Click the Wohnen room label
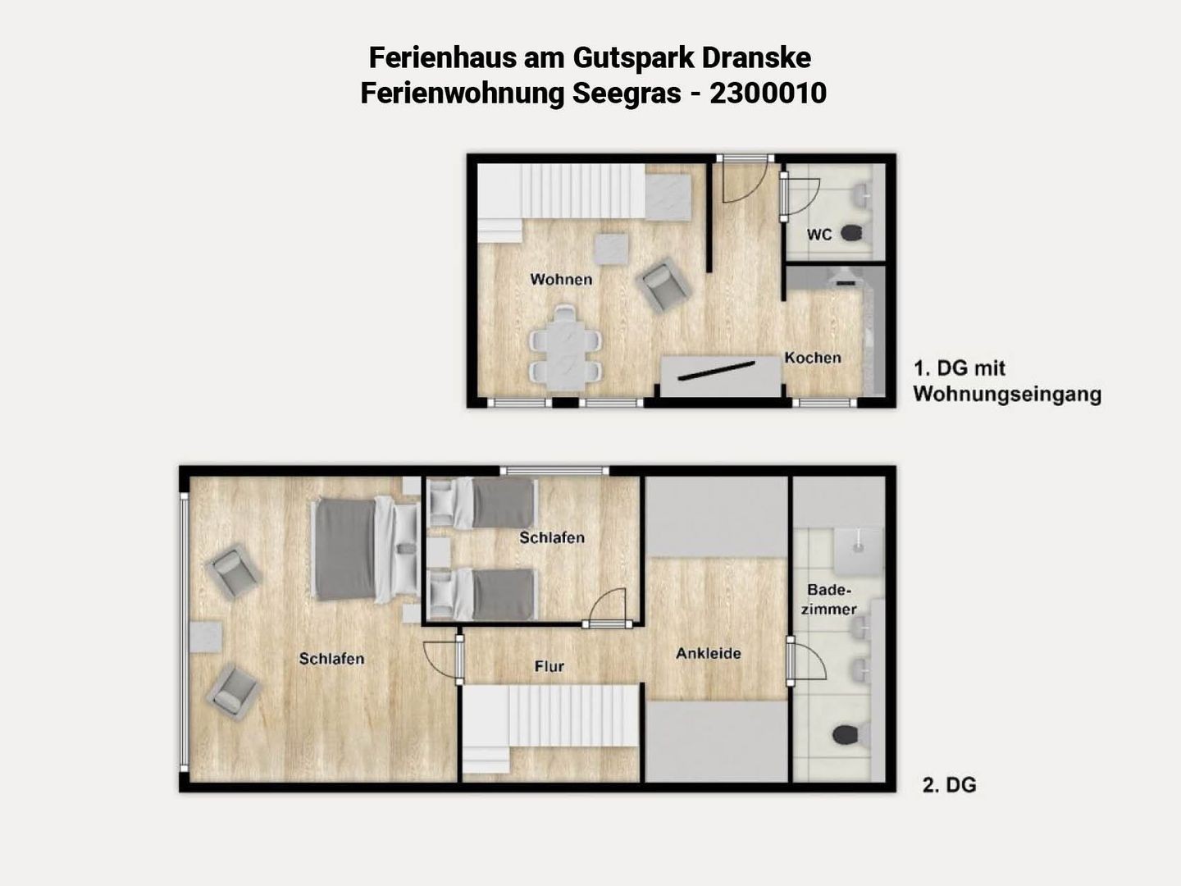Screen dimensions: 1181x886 [561, 279]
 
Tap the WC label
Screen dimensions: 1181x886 [819, 235]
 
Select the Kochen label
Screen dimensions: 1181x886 [813, 358]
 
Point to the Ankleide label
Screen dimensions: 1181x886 [709, 653]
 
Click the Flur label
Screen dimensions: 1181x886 [549, 666]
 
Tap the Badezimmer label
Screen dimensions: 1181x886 [828, 600]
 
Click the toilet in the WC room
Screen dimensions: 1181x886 [853, 234]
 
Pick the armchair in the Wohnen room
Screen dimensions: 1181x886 [662, 285]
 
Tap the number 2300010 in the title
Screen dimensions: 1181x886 [768, 93]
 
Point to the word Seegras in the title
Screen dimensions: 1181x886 [627, 94]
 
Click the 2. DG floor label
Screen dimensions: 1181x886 [949, 785]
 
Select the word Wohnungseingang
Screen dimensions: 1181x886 [1006, 395]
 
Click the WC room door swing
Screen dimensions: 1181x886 [801, 197]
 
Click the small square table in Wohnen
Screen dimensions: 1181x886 [611, 249]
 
